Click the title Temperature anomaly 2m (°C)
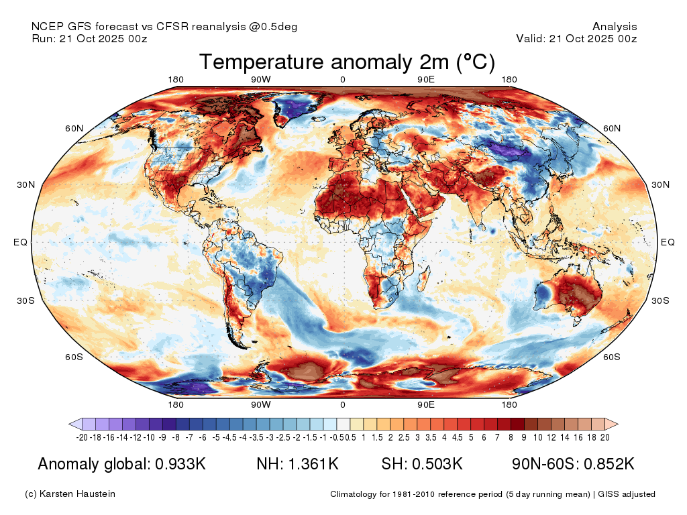[347, 62]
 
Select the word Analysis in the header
[615, 27]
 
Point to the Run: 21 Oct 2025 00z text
[89, 38]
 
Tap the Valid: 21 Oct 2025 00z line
[576, 38]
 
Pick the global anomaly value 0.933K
[180, 464]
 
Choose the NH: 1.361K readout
[297, 464]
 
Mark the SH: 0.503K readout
[421, 464]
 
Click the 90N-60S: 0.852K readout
[573, 464]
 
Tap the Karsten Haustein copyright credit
[70, 494]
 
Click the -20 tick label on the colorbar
[82, 437]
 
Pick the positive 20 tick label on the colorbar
[604, 437]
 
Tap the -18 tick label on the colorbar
[95, 437]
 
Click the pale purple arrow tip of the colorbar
[75, 424]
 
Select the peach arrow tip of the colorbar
[612, 424]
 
